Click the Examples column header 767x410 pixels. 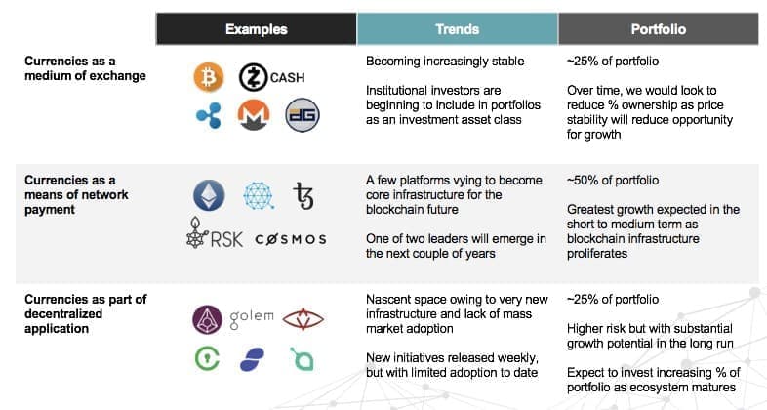(257, 29)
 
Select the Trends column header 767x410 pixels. (458, 29)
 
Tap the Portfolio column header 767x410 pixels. (659, 29)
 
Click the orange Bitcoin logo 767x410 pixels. (209, 77)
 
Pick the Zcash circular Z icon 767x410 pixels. (254, 77)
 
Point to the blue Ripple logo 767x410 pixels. (209, 115)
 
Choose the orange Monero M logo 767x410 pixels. (254, 115)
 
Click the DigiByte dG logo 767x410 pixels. (303, 115)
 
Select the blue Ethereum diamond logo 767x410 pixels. (209, 195)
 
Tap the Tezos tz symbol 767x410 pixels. (303, 195)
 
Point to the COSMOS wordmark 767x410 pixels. (291, 239)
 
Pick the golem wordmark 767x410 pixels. (252, 318)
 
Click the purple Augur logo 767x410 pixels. (207, 319)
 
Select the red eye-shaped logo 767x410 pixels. (303, 319)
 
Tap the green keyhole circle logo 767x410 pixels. (207, 358)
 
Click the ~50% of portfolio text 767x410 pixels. (613, 180)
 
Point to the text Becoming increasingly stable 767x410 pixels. (445, 61)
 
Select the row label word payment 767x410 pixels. (50, 210)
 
